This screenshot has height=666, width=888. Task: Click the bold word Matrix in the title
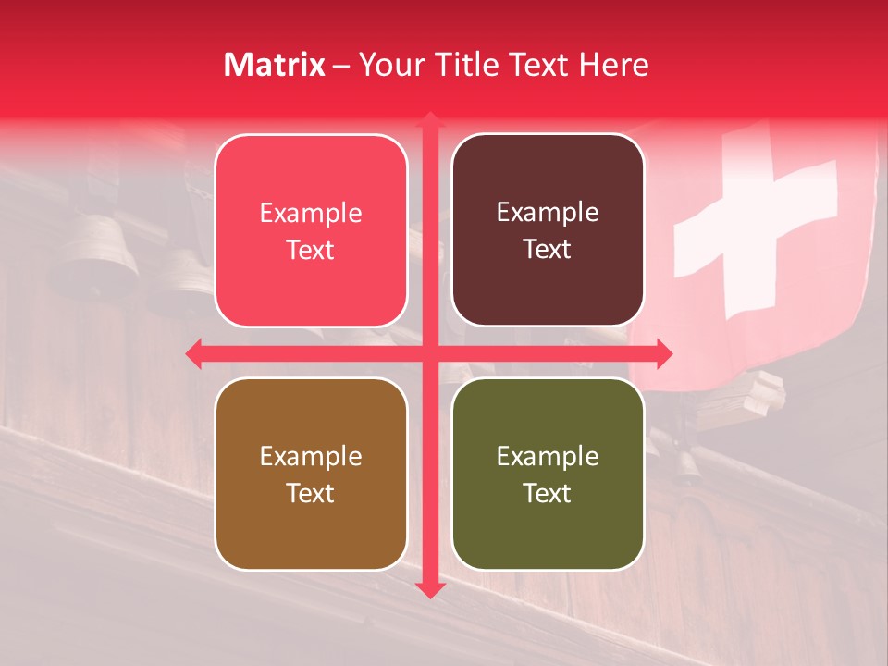pyautogui.click(x=275, y=65)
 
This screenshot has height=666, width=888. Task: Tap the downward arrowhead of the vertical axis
pyautogui.click(x=429, y=589)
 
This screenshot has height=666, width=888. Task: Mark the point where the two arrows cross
pyautogui.click(x=429, y=353)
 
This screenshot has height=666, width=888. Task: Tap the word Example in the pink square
pyautogui.click(x=311, y=214)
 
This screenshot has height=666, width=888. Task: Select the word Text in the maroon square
pyautogui.click(x=548, y=250)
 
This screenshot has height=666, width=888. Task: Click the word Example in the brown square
pyautogui.click(x=311, y=457)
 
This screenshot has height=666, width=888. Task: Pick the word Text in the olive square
pyautogui.click(x=548, y=494)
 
